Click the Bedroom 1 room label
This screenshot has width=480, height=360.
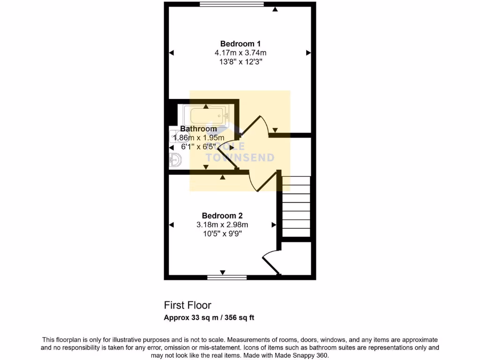tap(240, 44)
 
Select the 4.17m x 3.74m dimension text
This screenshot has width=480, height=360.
tap(240, 53)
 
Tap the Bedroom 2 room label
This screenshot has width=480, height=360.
tap(222, 216)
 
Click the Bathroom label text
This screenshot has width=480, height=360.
tap(199, 128)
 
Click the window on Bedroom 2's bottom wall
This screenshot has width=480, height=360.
tap(227, 277)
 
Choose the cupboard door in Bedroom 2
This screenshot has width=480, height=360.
tap(271, 262)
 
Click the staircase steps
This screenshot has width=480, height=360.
tap(296, 206)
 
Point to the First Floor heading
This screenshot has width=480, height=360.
tap(187, 305)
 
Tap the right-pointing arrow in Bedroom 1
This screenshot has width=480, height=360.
tap(308, 53)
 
